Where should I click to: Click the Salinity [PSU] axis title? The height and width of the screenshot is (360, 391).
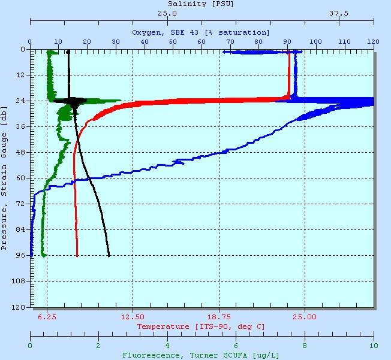point(200,4)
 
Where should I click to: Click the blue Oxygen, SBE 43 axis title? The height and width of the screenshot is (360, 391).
point(200,32)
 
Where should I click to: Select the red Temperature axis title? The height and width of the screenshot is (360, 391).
point(201,326)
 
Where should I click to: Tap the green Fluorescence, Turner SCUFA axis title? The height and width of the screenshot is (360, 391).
point(200,355)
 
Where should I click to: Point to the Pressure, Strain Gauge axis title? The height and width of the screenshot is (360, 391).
point(5,177)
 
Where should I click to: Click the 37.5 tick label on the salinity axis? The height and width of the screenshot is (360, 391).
point(339,13)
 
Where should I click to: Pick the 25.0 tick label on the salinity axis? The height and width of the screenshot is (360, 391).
point(167,13)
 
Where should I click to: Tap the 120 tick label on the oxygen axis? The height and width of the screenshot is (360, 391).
point(374,41)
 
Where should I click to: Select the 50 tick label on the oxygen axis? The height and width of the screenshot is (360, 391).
point(173,41)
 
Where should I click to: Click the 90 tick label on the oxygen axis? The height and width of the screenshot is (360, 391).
point(287,41)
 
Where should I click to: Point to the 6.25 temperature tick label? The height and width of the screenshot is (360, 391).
point(47,317)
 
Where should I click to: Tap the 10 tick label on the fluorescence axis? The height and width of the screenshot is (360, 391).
point(374,346)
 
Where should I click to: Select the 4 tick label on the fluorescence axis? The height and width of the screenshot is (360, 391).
point(167,346)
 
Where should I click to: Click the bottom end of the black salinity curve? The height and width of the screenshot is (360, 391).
point(109,256)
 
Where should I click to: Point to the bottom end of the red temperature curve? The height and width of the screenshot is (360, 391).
point(77,256)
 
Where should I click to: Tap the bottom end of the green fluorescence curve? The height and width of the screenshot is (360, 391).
point(44,256)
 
